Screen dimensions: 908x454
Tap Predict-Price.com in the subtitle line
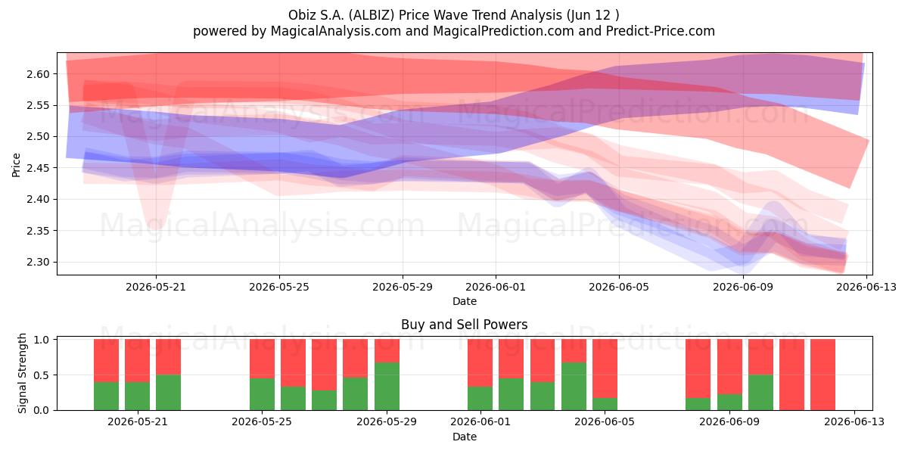click(x=661, y=31)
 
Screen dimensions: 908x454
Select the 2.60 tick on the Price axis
click(x=38, y=74)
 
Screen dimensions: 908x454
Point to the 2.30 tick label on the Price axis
click(x=38, y=263)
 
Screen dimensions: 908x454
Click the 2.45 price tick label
click(x=38, y=168)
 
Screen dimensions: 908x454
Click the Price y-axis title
click(x=16, y=165)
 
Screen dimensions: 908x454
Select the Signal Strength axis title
click(x=22, y=373)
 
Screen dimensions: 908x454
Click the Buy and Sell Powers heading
click(x=464, y=325)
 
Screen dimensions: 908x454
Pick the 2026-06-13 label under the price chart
click(x=866, y=288)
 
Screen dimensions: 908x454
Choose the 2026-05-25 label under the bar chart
click(x=262, y=422)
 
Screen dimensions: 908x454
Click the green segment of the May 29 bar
click(x=387, y=387)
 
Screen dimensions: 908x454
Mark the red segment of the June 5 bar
click(x=605, y=368)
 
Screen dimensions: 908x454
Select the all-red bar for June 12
click(x=823, y=375)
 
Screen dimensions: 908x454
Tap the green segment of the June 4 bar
click(x=574, y=387)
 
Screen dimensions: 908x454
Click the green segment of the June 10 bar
click(x=760, y=393)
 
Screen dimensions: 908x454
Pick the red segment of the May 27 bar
click(x=325, y=365)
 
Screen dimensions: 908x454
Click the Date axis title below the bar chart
click(x=464, y=437)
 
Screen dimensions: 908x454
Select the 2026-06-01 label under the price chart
click(x=496, y=288)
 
